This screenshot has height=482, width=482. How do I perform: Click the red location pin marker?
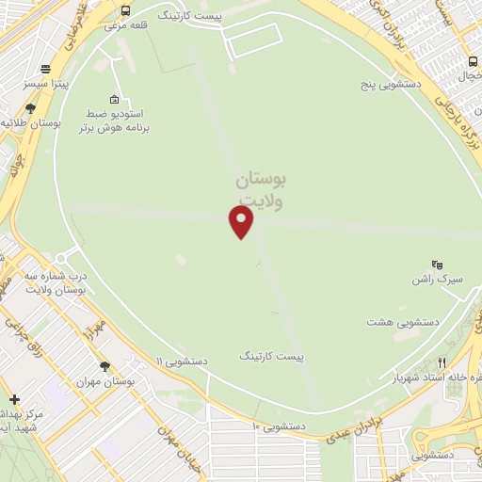[242, 220]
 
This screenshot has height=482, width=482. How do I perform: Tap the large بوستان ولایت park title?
[261, 187]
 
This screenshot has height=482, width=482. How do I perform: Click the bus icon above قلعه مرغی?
[126, 10]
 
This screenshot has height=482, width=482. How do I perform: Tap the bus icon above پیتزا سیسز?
[45, 69]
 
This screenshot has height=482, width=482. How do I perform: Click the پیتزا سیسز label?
[45, 84]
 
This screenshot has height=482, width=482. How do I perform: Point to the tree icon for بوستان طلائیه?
[31, 108]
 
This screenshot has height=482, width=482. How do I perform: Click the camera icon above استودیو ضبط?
[114, 98]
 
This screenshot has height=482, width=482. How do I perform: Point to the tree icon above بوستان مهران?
[104, 366]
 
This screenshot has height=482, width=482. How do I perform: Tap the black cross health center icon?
[14, 399]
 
